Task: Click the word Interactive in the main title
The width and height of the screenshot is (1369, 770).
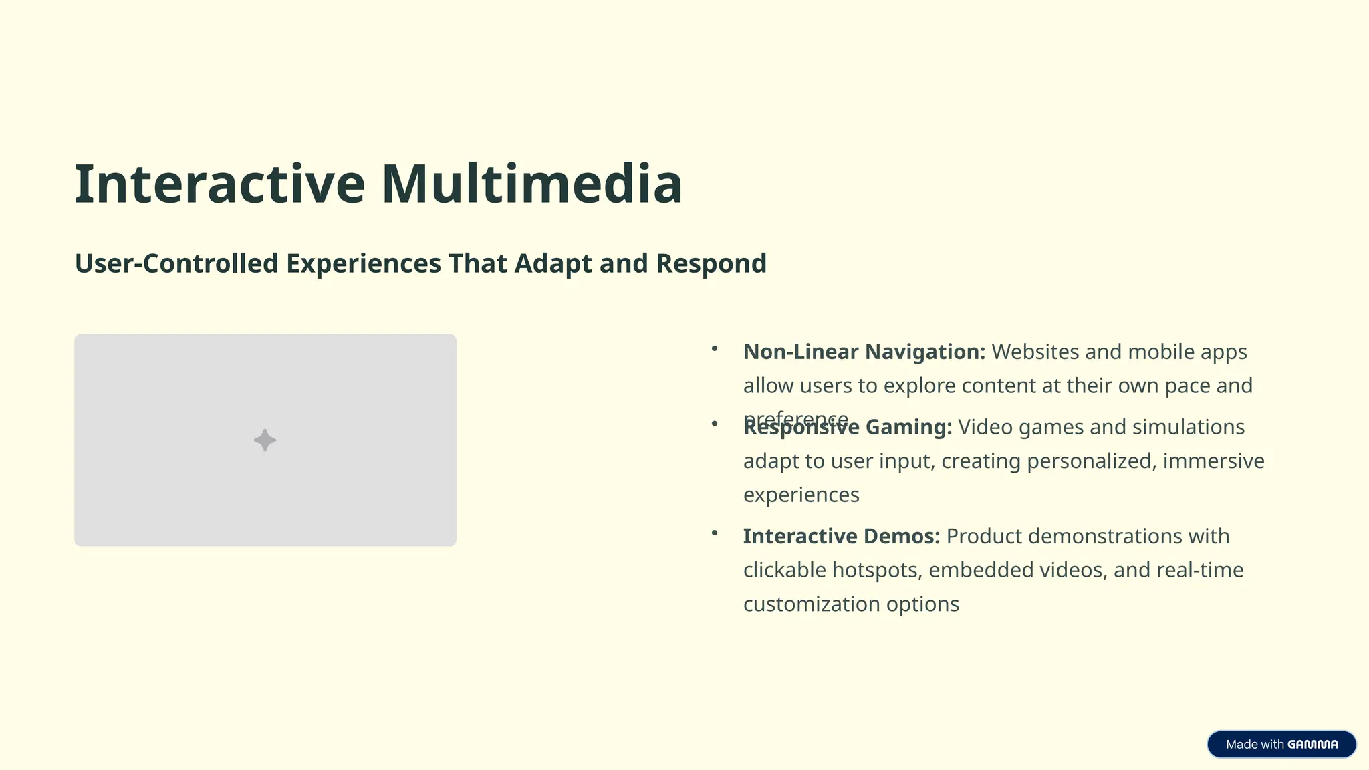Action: point(219,184)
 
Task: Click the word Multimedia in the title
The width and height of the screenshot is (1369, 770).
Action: point(531,184)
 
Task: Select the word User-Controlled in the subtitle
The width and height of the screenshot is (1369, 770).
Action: point(176,263)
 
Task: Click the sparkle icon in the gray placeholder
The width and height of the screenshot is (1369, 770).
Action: point(265,440)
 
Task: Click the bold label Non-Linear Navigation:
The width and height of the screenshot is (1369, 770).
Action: point(864,352)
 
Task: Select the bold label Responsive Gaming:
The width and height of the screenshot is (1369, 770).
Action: point(848,427)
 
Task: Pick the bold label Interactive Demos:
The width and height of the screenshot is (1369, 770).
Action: point(842,536)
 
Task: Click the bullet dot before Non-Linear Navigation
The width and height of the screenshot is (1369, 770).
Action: point(715,348)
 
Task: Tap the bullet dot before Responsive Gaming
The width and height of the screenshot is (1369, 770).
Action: point(715,424)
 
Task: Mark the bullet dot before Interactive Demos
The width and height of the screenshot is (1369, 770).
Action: point(715,533)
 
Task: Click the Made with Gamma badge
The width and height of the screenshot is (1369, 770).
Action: point(1281,744)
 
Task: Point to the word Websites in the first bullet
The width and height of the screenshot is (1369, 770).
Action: point(1035,352)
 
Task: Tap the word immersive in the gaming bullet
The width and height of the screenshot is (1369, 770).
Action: point(1213,461)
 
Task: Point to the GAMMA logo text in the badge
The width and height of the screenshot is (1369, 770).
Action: point(1313,745)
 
